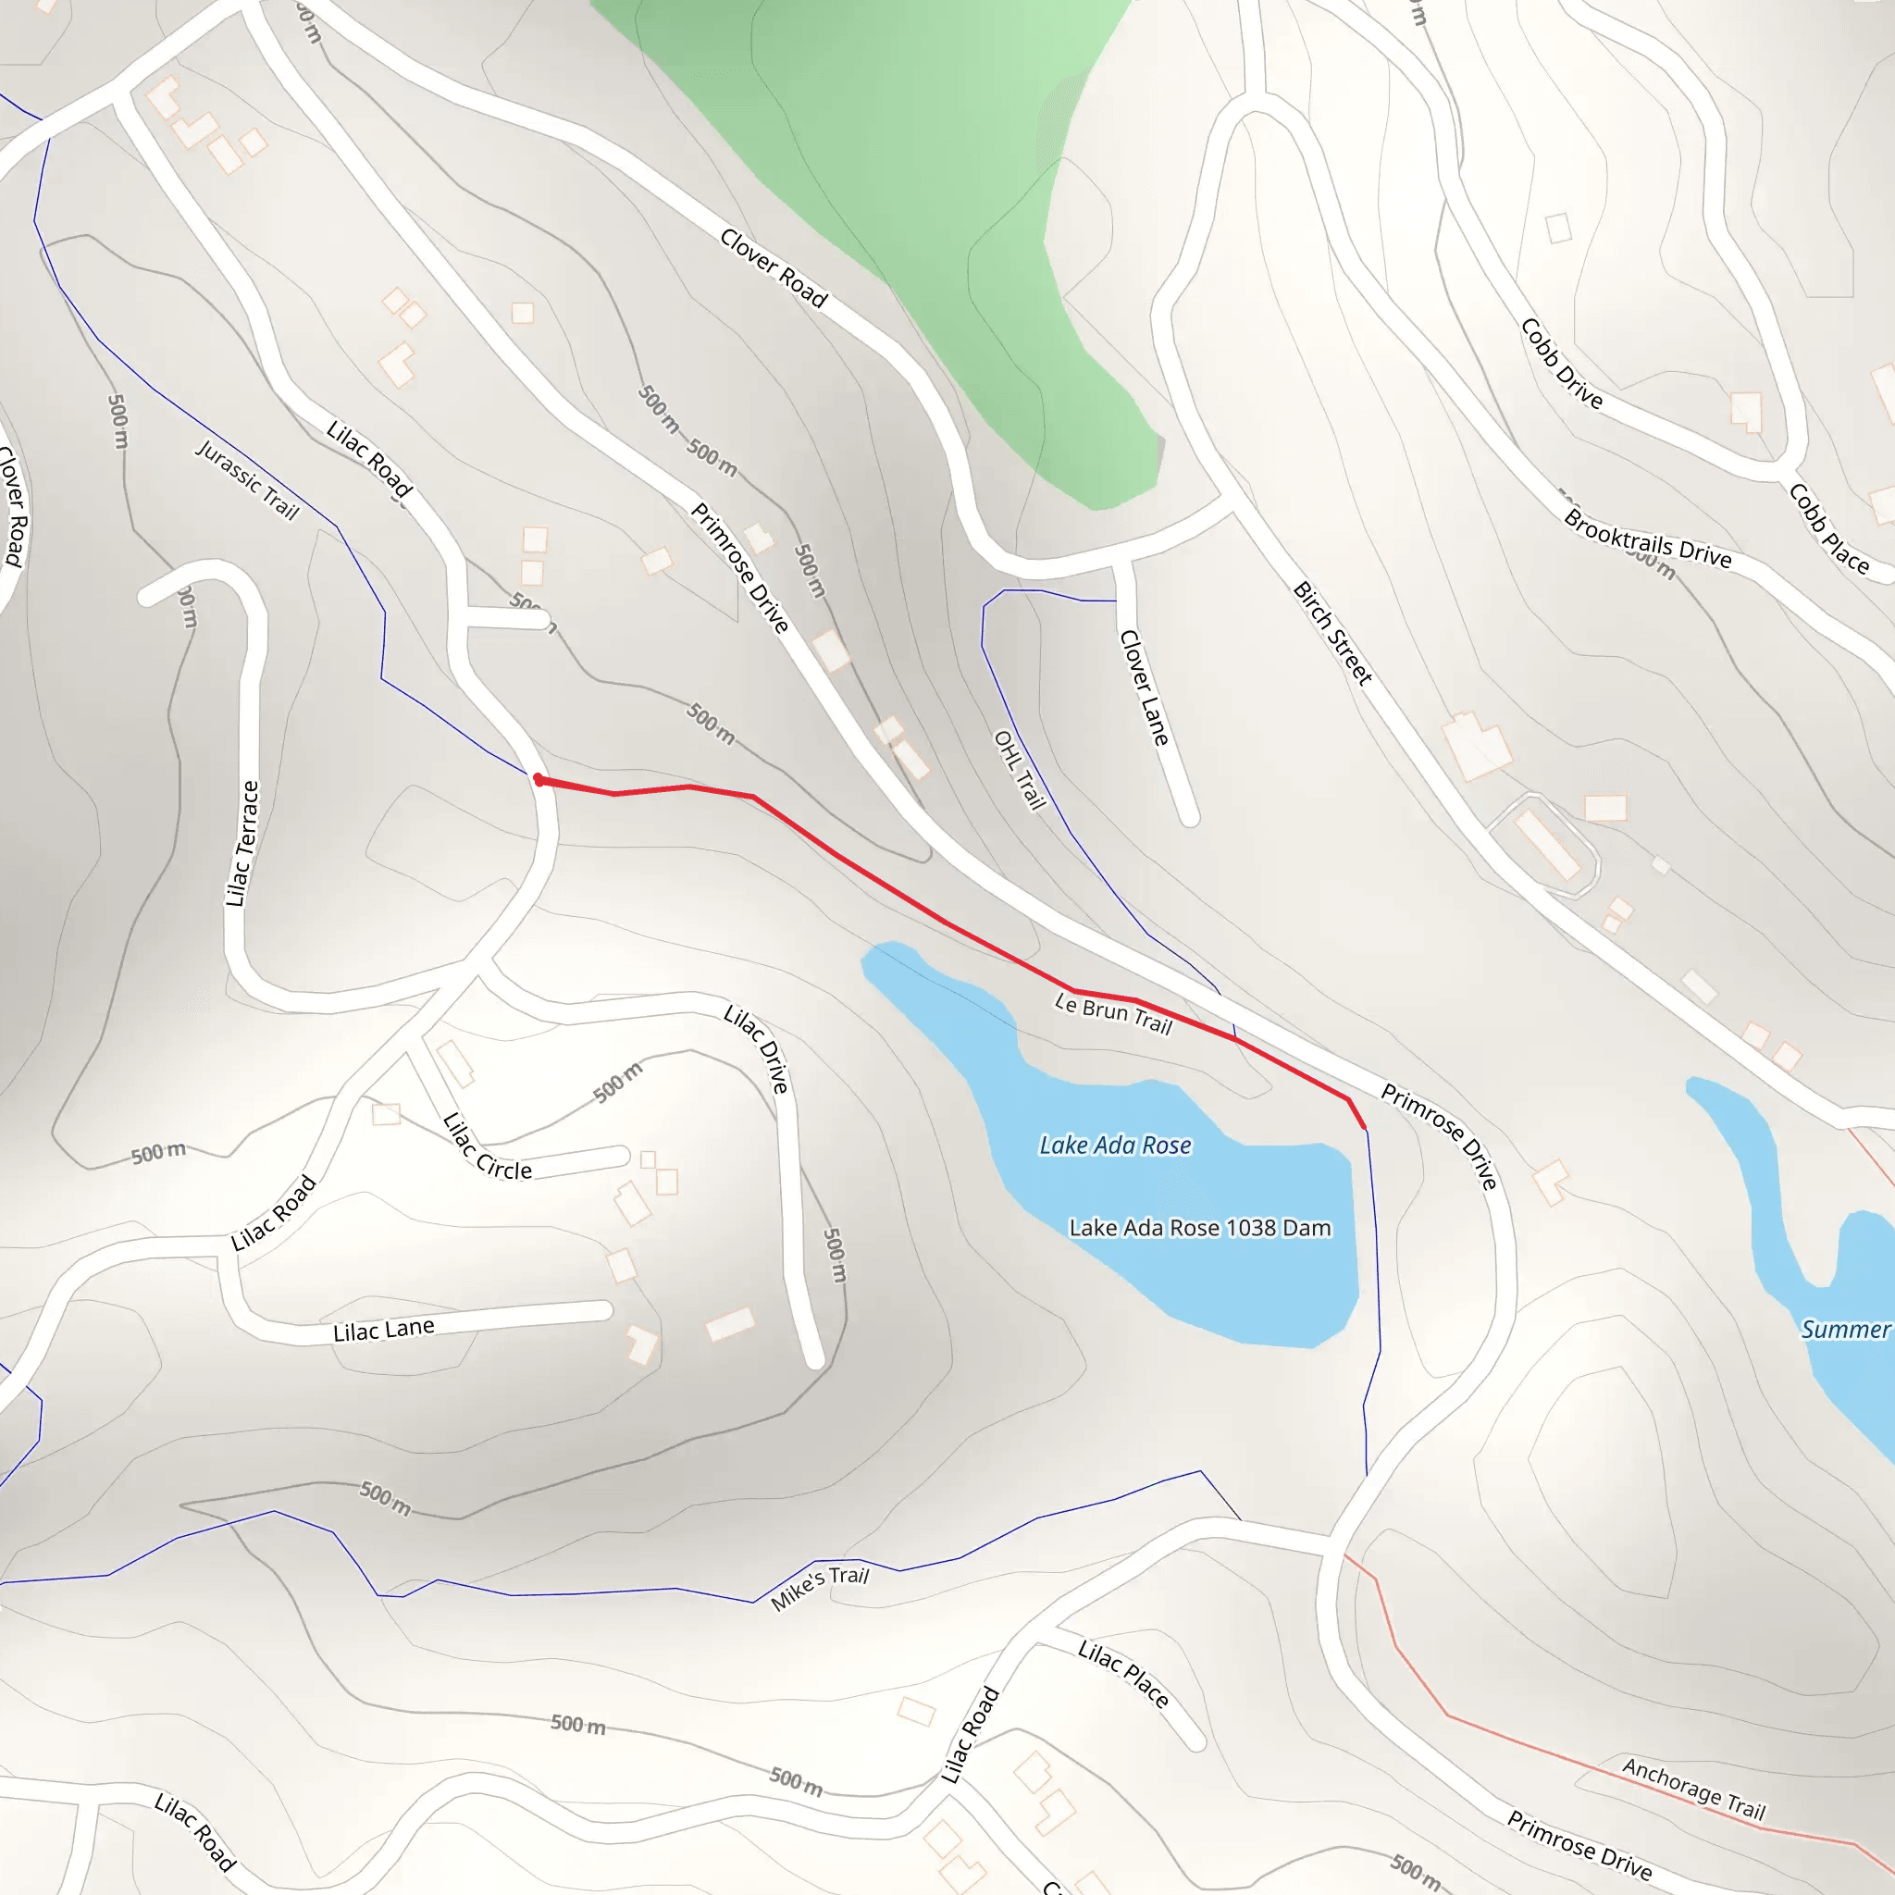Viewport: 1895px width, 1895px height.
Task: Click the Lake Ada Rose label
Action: [1115, 1145]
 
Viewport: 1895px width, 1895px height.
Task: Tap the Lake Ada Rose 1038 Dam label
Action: [1199, 1228]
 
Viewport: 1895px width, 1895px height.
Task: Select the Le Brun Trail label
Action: [1113, 1013]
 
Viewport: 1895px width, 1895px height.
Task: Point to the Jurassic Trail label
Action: [247, 479]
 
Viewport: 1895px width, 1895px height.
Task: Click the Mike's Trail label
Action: [820, 1587]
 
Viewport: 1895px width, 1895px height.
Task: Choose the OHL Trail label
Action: [1020, 769]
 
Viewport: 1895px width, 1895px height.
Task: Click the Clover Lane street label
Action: [1145, 687]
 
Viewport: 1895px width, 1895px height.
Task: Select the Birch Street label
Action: [1332, 633]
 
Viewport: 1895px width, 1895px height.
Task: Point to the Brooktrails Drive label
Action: [1648, 539]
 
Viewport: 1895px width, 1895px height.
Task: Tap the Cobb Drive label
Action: [1562, 363]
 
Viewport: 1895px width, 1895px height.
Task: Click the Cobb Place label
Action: [1828, 527]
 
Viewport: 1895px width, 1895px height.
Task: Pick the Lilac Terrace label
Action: [242, 843]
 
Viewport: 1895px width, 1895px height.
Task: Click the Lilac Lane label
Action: [383, 1330]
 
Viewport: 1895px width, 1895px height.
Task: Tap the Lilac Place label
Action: [1123, 1673]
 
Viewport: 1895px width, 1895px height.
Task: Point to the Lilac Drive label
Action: [756, 1048]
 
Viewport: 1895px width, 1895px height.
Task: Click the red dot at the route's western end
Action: [539, 780]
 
